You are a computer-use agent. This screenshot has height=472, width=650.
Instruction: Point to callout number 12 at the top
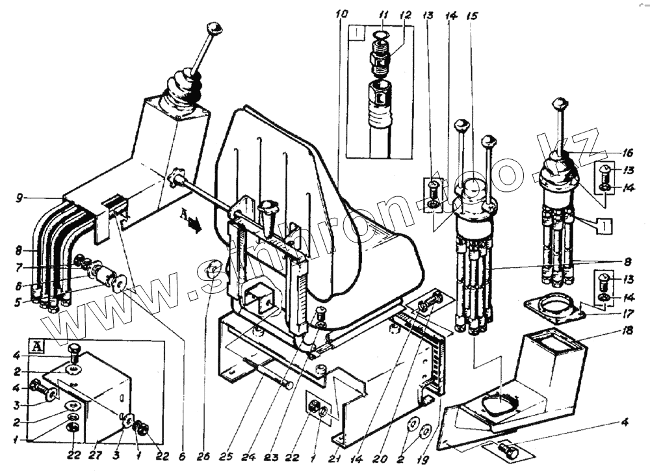(x=406, y=13)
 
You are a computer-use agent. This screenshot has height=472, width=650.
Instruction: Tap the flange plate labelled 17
(x=552, y=310)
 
